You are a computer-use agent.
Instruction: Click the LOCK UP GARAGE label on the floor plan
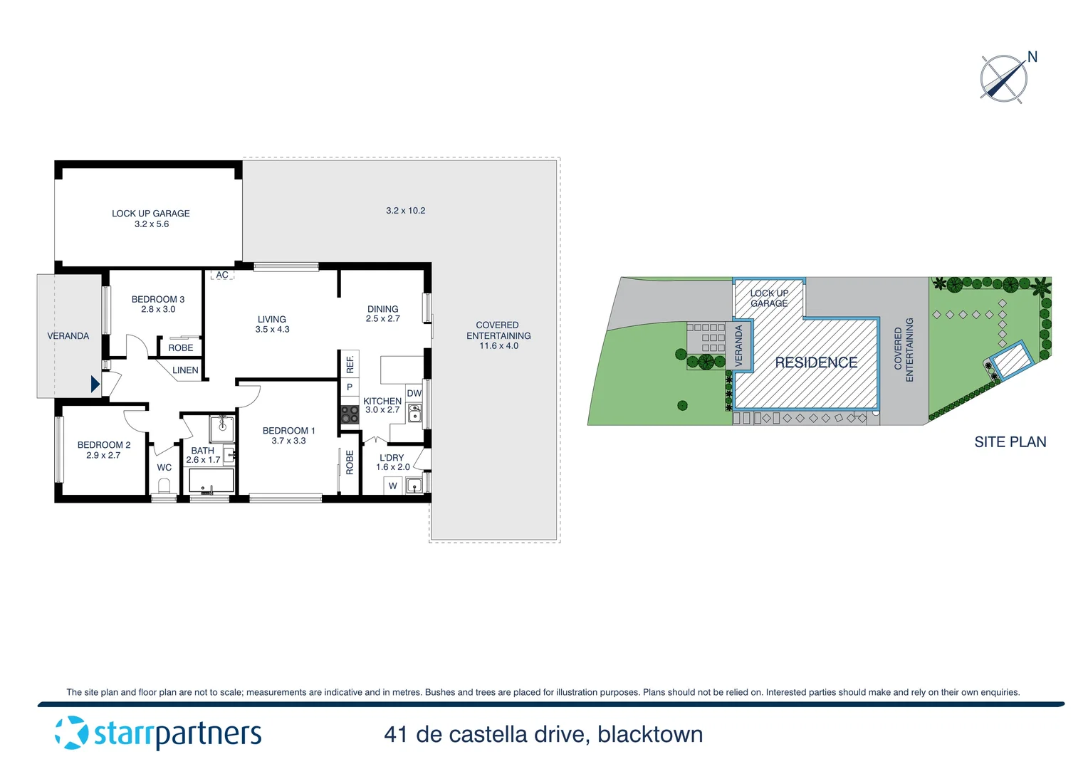click(150, 213)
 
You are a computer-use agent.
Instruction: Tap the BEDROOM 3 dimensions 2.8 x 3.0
click(158, 310)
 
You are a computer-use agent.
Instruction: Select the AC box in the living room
click(222, 275)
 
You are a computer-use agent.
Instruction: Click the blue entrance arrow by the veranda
click(95, 384)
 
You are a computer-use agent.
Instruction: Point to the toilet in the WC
click(164, 487)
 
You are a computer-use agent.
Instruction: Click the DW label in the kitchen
click(414, 393)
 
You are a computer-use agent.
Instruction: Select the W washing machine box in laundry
click(392, 486)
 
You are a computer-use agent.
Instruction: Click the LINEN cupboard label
click(185, 370)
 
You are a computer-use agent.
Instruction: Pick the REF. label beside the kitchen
click(350, 365)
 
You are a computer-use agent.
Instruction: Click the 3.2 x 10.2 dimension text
click(405, 211)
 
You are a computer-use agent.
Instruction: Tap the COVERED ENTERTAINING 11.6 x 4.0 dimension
click(498, 346)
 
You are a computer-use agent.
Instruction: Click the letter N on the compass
click(1032, 57)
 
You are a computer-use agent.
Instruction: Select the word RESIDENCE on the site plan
click(816, 362)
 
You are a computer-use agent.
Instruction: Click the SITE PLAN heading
click(1010, 442)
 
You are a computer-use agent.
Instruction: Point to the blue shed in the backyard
click(1011, 360)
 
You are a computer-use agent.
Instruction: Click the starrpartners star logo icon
click(71, 733)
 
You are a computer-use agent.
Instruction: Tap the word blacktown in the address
click(650, 734)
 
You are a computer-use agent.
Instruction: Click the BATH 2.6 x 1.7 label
click(203, 455)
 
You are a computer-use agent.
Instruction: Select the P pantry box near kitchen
click(350, 387)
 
